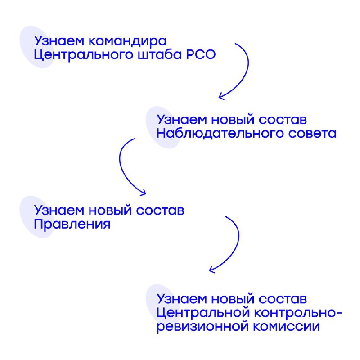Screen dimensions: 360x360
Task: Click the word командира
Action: coord(128,41)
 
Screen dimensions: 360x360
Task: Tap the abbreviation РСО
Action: coord(201,54)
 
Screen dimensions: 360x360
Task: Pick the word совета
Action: coord(312,134)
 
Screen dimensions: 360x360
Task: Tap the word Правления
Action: coord(72,224)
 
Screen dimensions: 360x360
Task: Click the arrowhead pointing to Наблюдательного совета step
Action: coord(220,96)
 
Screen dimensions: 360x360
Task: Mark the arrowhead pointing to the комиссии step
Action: coord(211,270)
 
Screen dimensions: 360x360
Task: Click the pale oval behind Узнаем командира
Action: coord(37,47)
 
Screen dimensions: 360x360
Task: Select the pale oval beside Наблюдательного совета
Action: coord(163,127)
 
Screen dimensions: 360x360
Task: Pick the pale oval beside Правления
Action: coord(37,217)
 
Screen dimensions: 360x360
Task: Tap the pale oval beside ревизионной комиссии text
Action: coord(163,306)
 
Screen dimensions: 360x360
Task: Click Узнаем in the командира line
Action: coord(59,41)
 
